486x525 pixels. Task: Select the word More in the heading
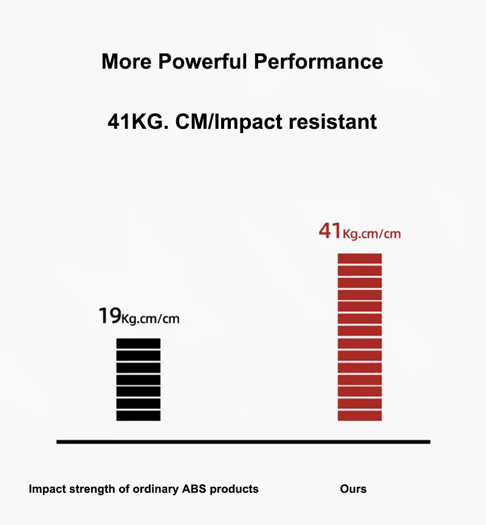click(x=126, y=62)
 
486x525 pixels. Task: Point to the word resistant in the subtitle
click(x=333, y=122)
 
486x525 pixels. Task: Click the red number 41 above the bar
click(x=329, y=232)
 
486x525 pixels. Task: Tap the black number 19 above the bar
click(x=109, y=316)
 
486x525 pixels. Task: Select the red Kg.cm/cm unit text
click(x=372, y=234)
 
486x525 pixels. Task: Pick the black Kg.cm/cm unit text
click(x=151, y=318)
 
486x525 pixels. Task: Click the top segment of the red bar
click(x=360, y=258)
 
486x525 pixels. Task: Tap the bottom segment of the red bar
click(x=360, y=416)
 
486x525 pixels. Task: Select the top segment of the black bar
click(x=139, y=343)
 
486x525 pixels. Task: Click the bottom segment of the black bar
click(x=139, y=416)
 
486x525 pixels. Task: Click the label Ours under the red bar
click(x=354, y=489)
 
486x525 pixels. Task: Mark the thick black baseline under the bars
click(x=243, y=442)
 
